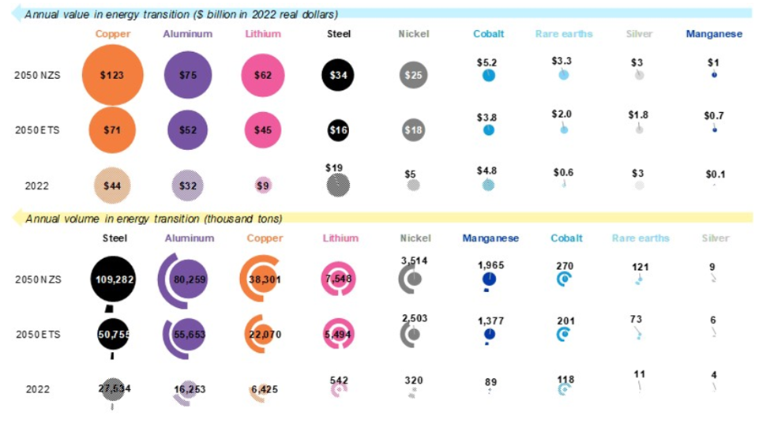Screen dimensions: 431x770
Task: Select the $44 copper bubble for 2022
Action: coord(112,186)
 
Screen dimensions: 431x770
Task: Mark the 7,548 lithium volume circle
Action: coord(338,279)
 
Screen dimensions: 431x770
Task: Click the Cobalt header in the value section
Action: coord(488,34)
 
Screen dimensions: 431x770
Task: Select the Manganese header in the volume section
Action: coord(490,238)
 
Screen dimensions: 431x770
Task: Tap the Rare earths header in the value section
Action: coord(564,34)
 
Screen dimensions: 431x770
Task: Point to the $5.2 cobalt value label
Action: coord(487,61)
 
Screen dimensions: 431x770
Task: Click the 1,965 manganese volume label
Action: coord(490,265)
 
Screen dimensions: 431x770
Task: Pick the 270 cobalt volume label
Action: coord(565,266)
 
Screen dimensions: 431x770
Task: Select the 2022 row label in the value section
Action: coord(37,186)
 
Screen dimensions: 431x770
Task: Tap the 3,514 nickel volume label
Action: coord(414,260)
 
